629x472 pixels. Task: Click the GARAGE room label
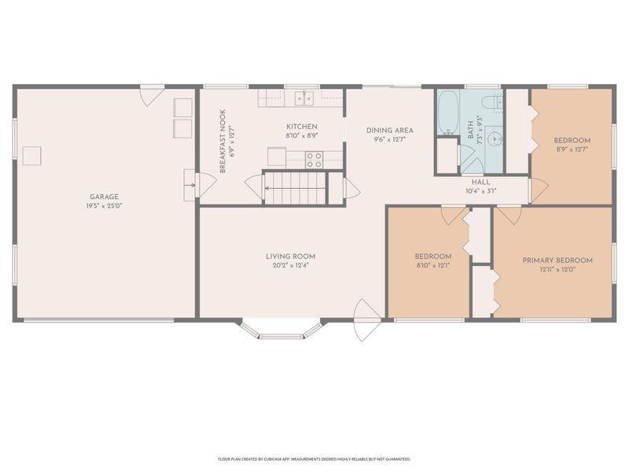[105, 196]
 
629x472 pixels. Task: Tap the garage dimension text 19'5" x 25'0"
[105, 205]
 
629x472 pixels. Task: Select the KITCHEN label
[301, 126]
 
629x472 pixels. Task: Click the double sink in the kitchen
[304, 98]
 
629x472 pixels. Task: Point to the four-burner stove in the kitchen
[314, 160]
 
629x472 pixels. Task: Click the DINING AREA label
[389, 131]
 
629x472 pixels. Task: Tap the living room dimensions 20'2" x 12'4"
[290, 266]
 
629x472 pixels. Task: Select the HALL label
[481, 181]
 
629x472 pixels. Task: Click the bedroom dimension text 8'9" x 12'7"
[572, 149]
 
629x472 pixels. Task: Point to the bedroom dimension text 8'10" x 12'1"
[432, 266]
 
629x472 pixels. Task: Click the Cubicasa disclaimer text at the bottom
[314, 458]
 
